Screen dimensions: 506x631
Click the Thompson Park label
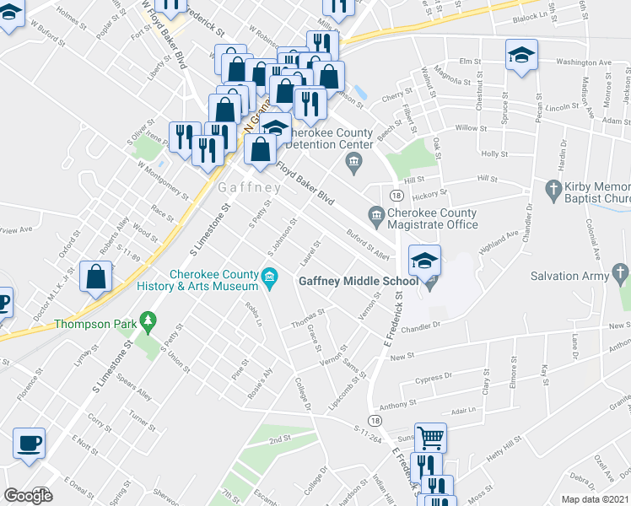click(x=94, y=324)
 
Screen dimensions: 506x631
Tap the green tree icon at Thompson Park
click(x=148, y=320)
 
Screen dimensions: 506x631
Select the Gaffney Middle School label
click(x=356, y=281)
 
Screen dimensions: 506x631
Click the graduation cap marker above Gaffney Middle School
click(x=424, y=260)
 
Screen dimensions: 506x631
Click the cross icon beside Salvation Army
click(x=620, y=272)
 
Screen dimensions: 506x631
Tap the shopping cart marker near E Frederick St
click(x=430, y=438)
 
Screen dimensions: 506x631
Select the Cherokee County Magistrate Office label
click(x=433, y=218)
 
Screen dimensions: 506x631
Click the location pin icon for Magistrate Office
click(x=374, y=216)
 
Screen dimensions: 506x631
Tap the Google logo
click(x=28, y=496)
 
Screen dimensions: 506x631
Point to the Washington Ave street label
click(x=584, y=62)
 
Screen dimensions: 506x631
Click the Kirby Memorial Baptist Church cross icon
click(x=553, y=187)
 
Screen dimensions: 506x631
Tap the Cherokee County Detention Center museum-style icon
click(x=355, y=161)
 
